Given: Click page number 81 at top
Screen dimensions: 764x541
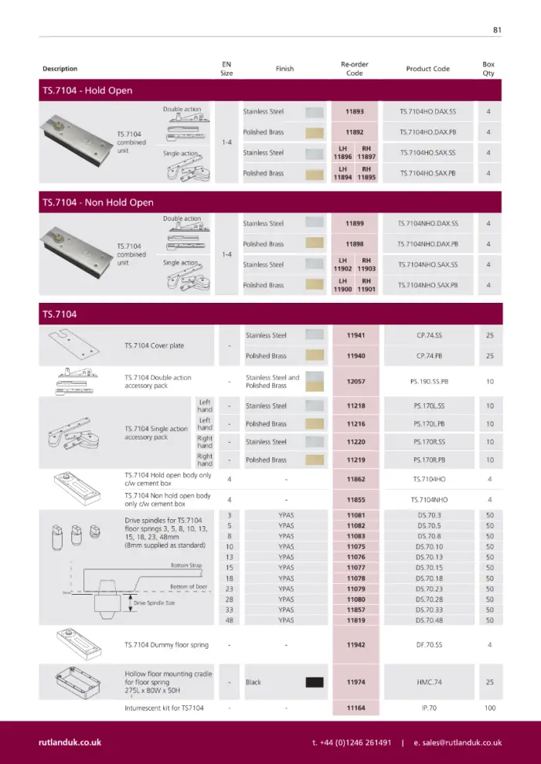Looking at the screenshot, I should tap(497, 30).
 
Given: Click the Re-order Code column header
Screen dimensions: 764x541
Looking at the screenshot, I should tap(354, 69).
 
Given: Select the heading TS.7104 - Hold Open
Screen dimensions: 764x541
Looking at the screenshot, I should tap(87, 90).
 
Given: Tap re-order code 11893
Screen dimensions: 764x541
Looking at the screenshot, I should tap(354, 111).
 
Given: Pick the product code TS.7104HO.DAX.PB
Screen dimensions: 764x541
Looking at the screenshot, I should tap(427, 132).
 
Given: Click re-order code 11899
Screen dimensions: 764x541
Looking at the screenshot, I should tap(354, 223).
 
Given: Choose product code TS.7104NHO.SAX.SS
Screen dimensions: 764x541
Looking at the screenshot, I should tap(427, 265).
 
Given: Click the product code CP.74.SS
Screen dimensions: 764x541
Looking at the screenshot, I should tap(427, 336).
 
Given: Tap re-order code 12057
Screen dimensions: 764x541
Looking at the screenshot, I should tap(354, 382).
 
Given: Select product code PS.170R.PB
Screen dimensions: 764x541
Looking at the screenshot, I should tap(427, 460).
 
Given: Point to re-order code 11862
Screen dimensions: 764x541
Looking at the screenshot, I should tap(354, 479).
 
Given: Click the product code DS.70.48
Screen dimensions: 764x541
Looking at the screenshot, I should tap(428, 620).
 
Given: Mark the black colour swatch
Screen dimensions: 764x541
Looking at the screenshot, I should tap(314, 682).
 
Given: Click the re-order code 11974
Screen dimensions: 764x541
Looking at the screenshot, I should tap(354, 682).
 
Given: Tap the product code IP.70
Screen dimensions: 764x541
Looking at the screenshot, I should tap(428, 708).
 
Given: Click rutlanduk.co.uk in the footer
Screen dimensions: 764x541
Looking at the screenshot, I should tap(70, 742).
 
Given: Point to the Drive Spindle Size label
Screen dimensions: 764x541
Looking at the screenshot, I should tap(155, 602).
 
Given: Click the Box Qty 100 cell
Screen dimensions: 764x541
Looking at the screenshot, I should tap(488, 708).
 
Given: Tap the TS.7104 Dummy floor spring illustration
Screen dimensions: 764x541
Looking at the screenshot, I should tap(80, 643).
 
